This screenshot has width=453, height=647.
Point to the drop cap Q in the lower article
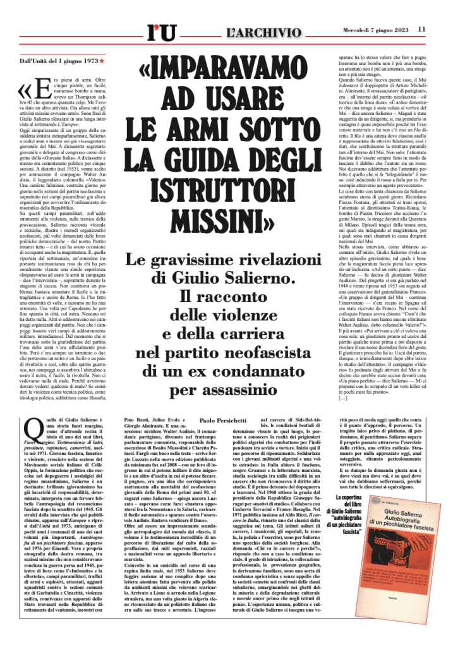click(x=30, y=430)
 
